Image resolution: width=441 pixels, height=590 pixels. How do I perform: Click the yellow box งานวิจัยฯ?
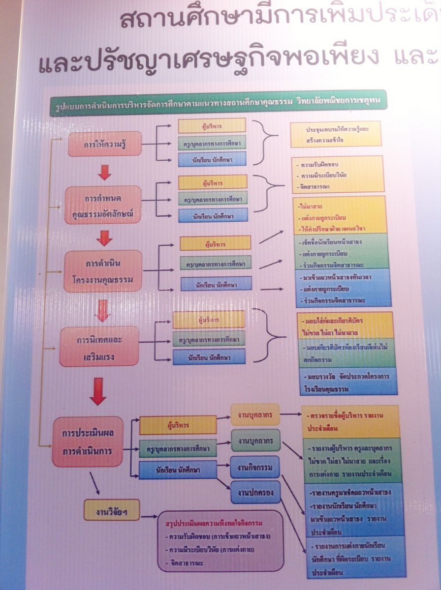tap(111, 511)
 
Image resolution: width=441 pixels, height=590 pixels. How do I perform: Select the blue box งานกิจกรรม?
tap(254, 466)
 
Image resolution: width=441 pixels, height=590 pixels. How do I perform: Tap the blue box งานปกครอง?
tap(255, 492)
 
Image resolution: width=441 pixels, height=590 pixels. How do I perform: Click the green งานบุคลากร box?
tap(255, 440)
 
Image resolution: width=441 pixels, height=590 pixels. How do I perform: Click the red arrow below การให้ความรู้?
tap(104, 172)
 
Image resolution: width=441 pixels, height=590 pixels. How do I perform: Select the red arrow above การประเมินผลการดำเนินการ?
tap(98, 392)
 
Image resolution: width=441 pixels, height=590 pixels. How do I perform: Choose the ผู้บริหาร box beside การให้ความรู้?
tap(212, 126)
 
